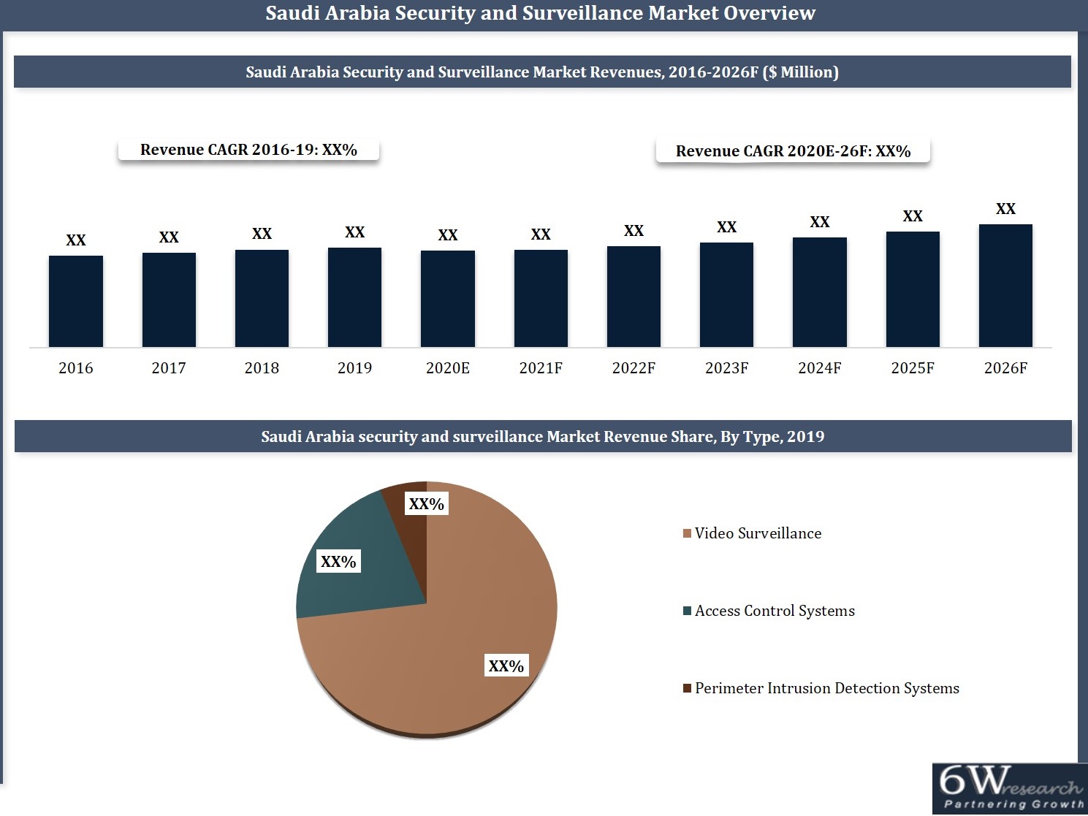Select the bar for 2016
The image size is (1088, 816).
[x=76, y=301]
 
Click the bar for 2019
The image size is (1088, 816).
[x=354, y=297]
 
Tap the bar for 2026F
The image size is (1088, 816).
[x=1005, y=286]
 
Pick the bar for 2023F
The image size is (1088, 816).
[x=726, y=294]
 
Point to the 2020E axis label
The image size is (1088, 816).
[x=447, y=368]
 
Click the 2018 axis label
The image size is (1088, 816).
[x=262, y=368]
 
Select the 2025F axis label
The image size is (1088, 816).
[x=912, y=368]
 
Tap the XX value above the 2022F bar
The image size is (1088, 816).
[x=634, y=231]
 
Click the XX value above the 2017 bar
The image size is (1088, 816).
[x=169, y=237]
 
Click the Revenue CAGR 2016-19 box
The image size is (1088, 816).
[x=248, y=150]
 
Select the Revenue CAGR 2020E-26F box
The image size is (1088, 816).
[x=793, y=151]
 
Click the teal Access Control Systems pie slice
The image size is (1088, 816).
[x=351, y=584]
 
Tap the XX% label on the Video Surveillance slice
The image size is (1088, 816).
[x=506, y=666]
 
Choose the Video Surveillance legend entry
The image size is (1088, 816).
[x=757, y=533]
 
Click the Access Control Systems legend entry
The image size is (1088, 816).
[x=774, y=611]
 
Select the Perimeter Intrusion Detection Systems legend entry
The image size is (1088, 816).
[x=826, y=688]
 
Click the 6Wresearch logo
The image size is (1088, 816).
[x=1009, y=788]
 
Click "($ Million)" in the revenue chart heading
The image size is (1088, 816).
[x=800, y=72]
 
